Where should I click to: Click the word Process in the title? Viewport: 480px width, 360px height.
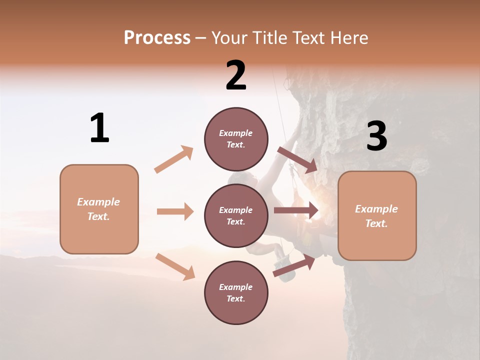157,38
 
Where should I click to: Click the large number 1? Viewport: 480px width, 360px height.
99,128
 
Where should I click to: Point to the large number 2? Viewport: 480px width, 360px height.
236,75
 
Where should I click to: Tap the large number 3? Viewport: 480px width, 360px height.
376,136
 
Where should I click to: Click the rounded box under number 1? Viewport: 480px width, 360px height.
99,209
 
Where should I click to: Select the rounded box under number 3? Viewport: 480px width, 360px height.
377,215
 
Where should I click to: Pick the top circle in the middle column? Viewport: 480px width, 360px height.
236,139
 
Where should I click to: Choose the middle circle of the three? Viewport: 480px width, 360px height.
236,216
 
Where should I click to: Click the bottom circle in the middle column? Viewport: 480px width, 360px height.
236,293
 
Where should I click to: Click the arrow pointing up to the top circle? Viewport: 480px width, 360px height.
174,159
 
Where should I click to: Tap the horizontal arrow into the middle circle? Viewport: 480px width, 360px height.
175,211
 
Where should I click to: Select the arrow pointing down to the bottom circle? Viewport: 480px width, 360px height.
175,266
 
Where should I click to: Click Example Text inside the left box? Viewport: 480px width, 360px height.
98,209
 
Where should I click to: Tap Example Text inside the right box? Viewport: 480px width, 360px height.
376,216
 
